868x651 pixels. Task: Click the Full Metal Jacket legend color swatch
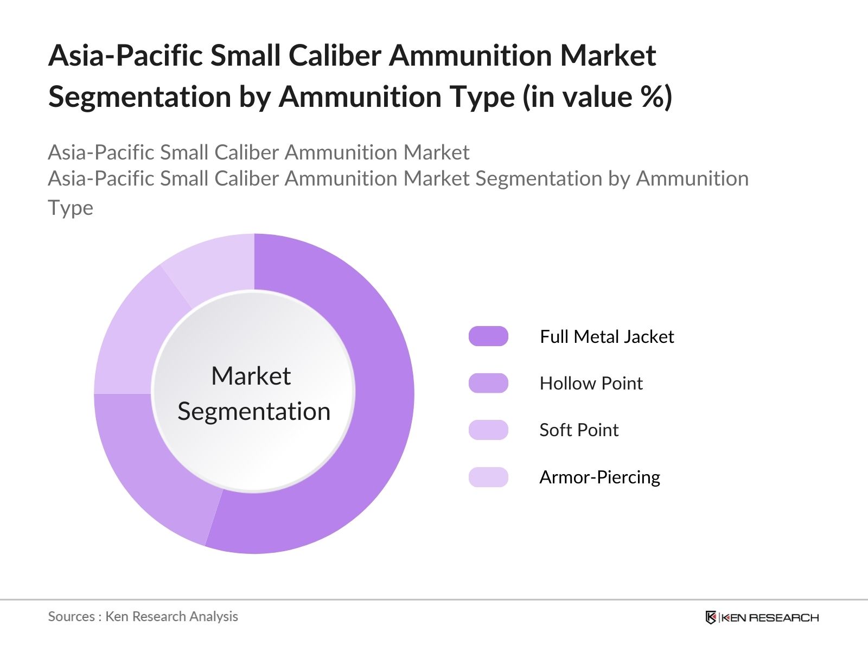[488, 336]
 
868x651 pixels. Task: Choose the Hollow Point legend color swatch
[488, 383]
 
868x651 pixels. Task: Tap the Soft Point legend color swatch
[488, 430]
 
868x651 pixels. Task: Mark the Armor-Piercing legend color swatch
[488, 477]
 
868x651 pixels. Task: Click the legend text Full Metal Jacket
[607, 337]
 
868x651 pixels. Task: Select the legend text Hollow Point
[591, 384]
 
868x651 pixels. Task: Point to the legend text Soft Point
[579, 430]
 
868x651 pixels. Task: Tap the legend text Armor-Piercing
[600, 477]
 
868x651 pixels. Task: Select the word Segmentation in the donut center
[254, 412]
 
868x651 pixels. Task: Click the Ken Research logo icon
[711, 617]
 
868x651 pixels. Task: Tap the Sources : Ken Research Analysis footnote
[143, 617]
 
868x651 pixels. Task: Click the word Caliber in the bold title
[335, 55]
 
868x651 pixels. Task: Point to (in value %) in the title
[597, 97]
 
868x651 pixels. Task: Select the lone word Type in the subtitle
[71, 208]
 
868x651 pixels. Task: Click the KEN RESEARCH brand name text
[770, 618]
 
